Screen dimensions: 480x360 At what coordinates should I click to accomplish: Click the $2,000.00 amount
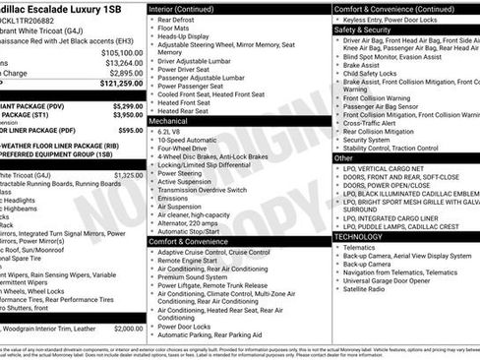coord(127,329)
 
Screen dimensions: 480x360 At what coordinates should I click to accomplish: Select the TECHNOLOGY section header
coord(360,236)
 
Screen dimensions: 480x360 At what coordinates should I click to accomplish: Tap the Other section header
coord(344,157)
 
